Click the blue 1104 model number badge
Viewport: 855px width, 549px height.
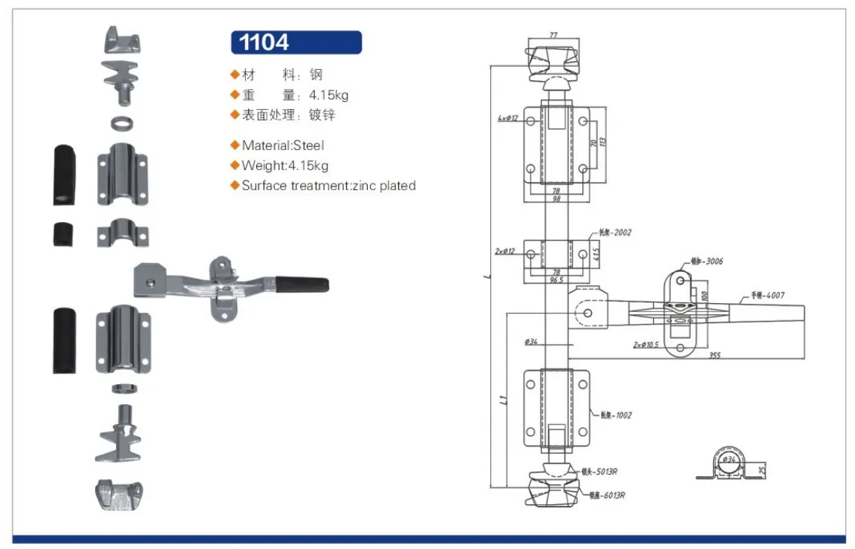click(296, 42)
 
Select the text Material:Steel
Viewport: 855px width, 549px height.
click(282, 146)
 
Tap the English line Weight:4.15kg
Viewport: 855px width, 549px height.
click(285, 166)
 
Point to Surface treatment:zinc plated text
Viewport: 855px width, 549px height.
click(328, 186)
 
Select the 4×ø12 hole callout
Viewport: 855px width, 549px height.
click(507, 118)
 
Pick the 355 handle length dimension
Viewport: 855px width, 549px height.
click(715, 355)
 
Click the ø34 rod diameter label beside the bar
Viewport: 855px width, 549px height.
click(530, 342)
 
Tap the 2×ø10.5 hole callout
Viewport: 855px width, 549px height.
click(646, 345)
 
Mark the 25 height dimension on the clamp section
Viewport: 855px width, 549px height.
click(763, 469)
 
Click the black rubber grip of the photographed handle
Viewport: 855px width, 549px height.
click(302, 285)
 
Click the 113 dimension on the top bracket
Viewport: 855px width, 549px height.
click(603, 142)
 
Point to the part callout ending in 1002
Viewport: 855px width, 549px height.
click(617, 415)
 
